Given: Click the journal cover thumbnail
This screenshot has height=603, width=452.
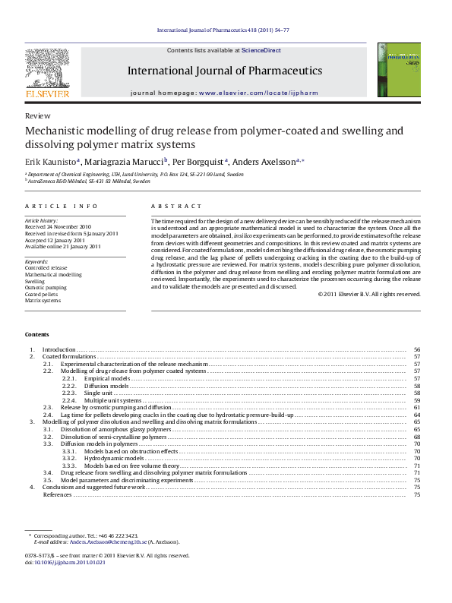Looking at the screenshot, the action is click(x=399, y=70).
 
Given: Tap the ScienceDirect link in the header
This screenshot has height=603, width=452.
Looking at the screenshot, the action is click(x=261, y=50).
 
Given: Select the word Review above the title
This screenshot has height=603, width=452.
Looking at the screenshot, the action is click(x=33, y=116).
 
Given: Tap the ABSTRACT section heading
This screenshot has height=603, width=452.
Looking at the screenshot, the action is click(x=176, y=207).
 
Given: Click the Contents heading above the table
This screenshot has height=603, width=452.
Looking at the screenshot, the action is click(x=36, y=335).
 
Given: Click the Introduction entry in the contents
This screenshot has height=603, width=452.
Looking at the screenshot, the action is click(x=58, y=349).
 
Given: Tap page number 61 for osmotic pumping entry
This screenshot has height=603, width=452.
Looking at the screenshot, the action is click(x=417, y=408).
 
